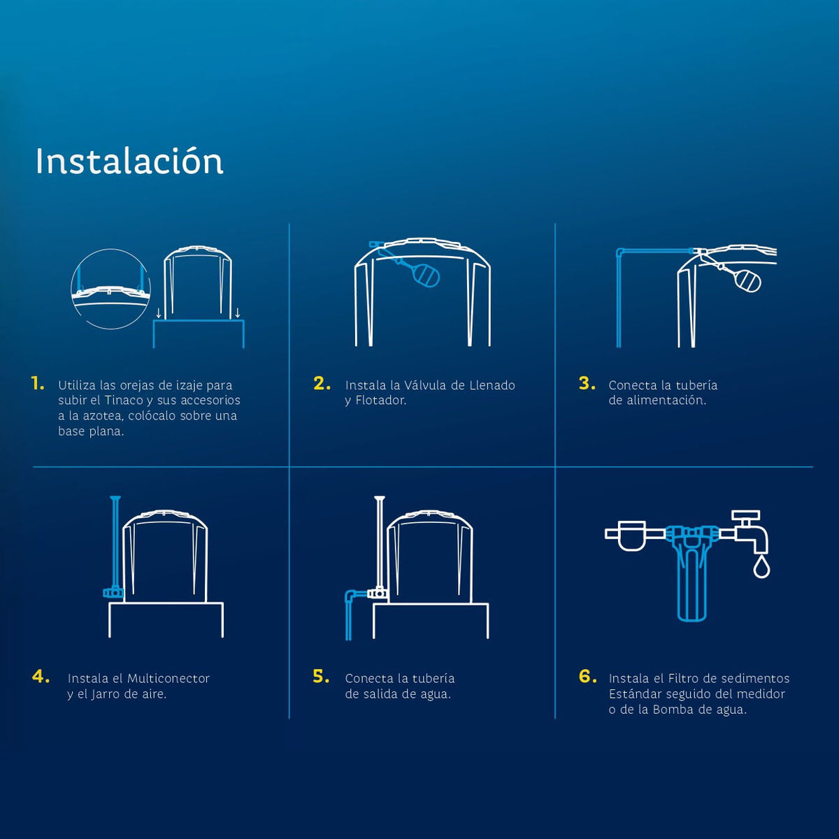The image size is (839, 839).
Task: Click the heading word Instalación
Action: click(x=129, y=161)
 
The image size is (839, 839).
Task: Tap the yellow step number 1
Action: click(x=38, y=383)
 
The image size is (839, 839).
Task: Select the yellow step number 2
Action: click(x=322, y=383)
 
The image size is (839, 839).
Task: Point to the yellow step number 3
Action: click(x=587, y=383)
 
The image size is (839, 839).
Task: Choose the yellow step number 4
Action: click(x=41, y=676)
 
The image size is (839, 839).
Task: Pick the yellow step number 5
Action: click(x=321, y=676)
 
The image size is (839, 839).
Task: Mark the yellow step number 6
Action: click(x=587, y=676)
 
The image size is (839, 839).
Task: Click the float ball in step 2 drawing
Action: click(x=426, y=275)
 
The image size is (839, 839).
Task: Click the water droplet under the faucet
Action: click(x=761, y=568)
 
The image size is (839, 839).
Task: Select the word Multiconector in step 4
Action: click(x=168, y=678)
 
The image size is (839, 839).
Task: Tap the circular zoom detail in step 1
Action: click(x=110, y=289)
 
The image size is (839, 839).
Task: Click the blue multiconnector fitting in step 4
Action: click(x=113, y=592)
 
